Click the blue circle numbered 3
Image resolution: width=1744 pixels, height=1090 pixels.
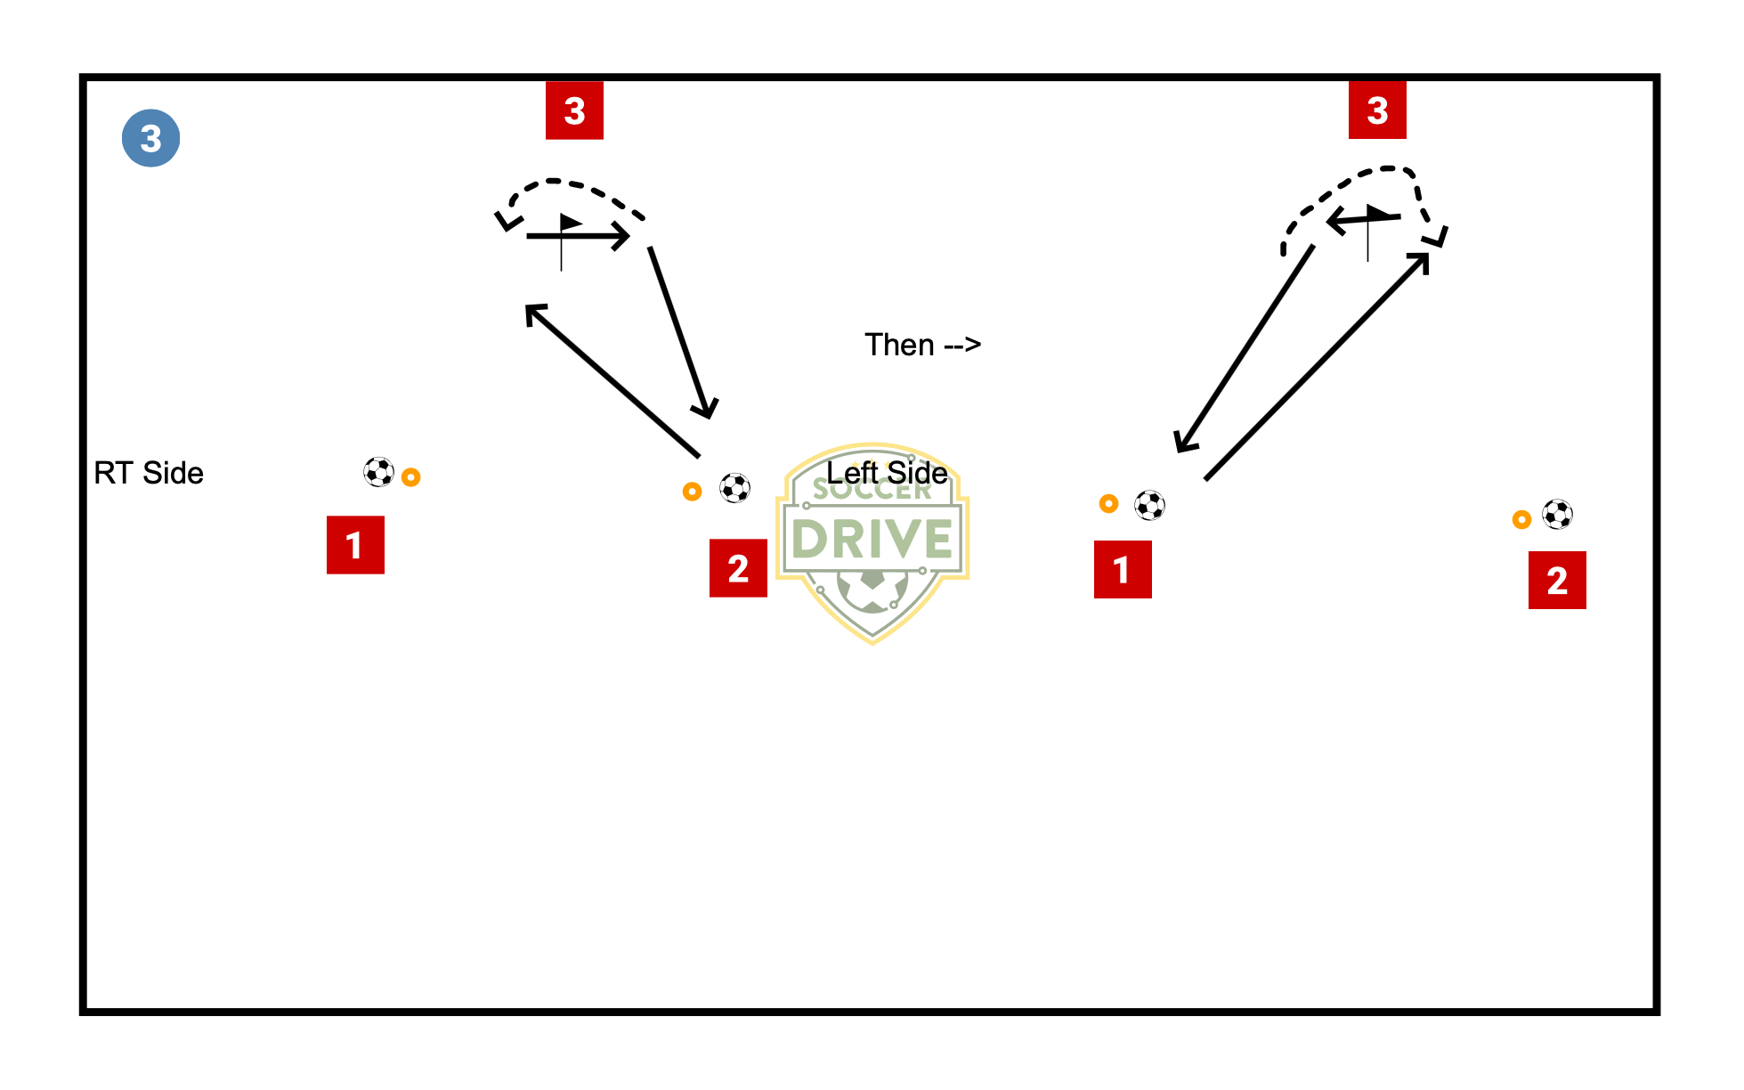tap(150, 138)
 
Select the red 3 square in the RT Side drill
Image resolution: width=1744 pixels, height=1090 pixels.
tap(574, 110)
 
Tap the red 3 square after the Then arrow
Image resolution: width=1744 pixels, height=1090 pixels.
tap(1377, 110)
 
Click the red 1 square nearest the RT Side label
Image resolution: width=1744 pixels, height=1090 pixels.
tap(355, 545)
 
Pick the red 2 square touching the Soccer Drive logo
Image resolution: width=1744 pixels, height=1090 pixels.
tap(738, 568)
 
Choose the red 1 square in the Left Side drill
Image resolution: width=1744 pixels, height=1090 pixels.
tap(1123, 569)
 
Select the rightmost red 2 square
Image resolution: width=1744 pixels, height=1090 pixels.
tap(1557, 580)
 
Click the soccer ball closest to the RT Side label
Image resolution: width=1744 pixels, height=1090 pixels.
tap(378, 472)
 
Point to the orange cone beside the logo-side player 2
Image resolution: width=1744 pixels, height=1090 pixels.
tap(692, 492)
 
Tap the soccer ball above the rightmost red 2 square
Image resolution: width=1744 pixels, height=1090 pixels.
tap(1558, 514)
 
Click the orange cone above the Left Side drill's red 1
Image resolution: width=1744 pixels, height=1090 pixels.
tap(1108, 504)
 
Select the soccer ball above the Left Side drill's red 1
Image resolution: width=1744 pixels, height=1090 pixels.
tap(1150, 506)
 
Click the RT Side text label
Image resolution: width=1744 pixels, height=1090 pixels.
tap(149, 473)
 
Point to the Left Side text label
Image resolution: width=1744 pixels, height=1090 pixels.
tap(887, 472)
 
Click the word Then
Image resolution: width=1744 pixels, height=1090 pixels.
tap(899, 345)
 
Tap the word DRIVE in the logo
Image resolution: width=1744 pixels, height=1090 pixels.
tap(872, 539)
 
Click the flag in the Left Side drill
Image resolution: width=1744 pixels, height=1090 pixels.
tap(1377, 232)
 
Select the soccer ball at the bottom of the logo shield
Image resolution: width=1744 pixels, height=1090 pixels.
tap(872, 590)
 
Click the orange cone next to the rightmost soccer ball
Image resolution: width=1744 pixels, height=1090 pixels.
tap(1521, 520)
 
